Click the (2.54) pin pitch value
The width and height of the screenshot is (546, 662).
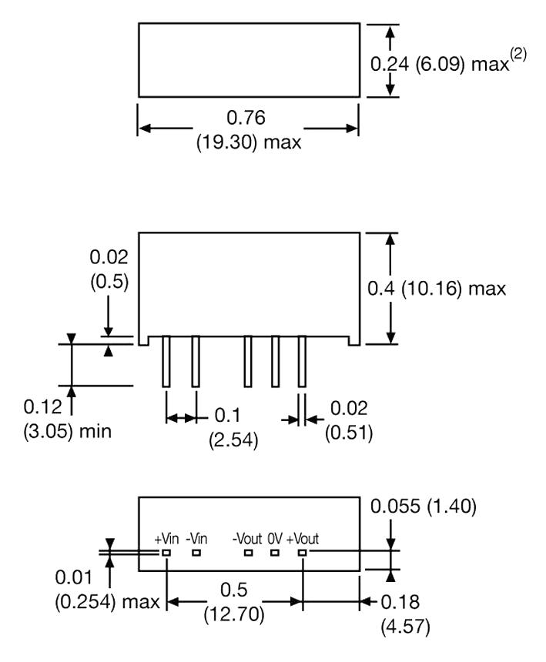[x=233, y=441]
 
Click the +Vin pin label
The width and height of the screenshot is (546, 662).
[x=166, y=539]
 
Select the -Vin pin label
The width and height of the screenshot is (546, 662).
[x=198, y=539]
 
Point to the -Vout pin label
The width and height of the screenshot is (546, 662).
[x=247, y=539]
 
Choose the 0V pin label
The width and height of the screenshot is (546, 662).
[x=275, y=539]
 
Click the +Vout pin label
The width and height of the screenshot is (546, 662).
[x=303, y=539]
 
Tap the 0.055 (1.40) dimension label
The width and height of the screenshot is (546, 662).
[x=424, y=507]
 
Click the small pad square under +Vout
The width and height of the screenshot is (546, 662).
[x=302, y=552]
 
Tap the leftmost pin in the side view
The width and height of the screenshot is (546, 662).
[x=166, y=361]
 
